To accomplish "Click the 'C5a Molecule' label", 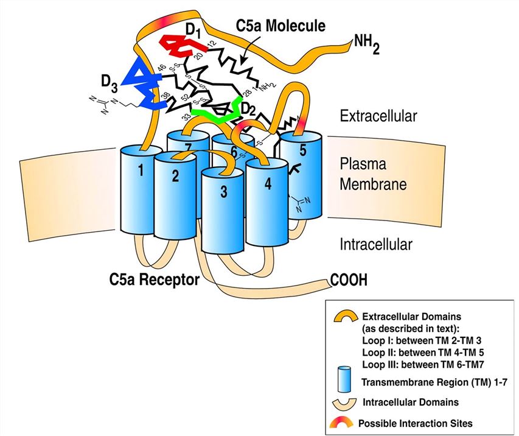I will tap(280, 25).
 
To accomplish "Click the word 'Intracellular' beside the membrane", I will tap(375, 245).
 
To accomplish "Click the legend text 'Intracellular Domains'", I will tap(414, 402).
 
